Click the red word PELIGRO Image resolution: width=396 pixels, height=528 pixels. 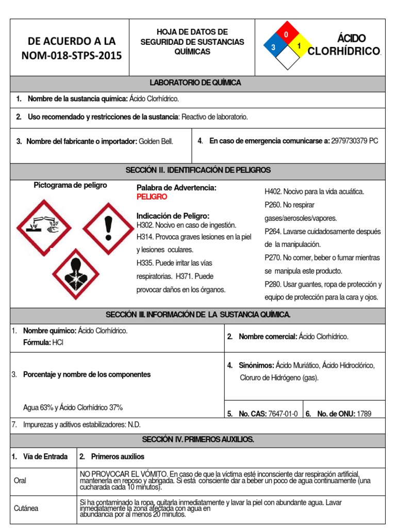click(x=152, y=197)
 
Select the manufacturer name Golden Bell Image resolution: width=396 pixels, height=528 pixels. click(x=156, y=141)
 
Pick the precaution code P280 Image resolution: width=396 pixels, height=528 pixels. click(x=273, y=284)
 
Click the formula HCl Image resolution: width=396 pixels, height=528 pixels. click(x=58, y=342)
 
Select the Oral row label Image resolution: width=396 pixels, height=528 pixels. click(x=20, y=481)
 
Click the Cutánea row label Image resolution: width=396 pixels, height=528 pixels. click(x=26, y=508)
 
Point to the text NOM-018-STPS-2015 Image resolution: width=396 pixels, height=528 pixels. click(x=72, y=56)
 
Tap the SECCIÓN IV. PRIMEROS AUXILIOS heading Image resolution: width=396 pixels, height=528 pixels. click(x=197, y=439)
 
